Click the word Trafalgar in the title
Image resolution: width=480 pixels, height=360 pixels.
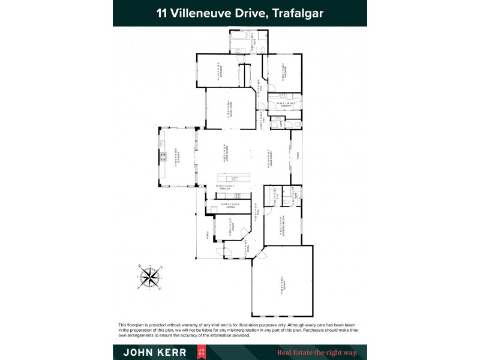point(298,13)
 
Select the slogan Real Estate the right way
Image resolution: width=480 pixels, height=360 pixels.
point(316,352)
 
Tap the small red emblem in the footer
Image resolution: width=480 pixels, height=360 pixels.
point(202,352)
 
